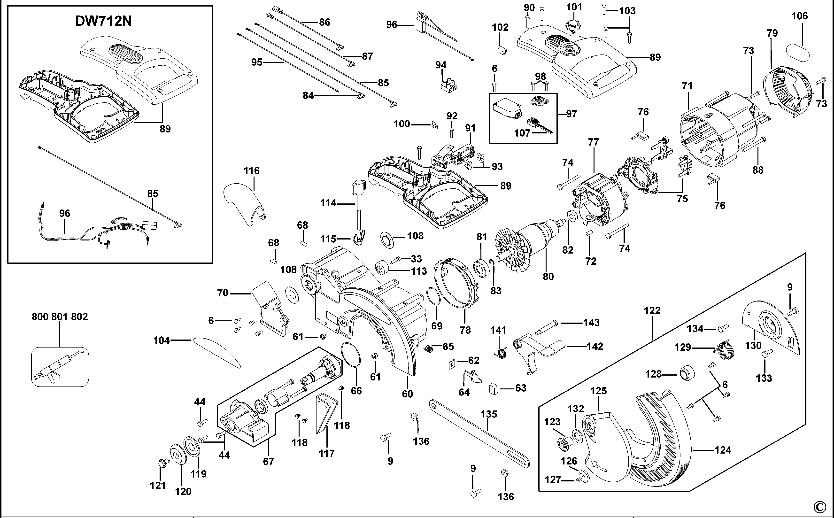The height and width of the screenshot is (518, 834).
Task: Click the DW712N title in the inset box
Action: pos(103,21)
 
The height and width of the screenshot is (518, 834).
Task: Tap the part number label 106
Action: pos(799,16)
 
